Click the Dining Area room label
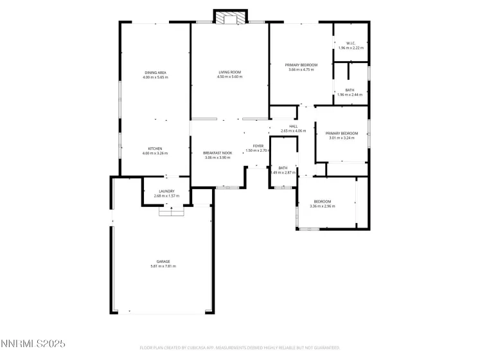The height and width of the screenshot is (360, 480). point(156,73)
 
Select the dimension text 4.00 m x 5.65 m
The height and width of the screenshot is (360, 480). point(156,77)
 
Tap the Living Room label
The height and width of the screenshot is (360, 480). point(229,73)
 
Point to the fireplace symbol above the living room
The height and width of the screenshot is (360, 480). point(229,19)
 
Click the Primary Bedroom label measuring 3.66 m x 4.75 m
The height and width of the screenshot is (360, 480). point(301,65)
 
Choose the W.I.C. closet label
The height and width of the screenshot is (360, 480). point(350,44)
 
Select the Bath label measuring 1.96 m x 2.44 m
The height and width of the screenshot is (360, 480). point(350,90)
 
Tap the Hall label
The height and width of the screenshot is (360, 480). point(294,127)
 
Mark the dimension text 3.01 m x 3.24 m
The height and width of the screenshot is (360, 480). point(342,138)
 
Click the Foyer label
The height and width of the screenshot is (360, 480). point(258,146)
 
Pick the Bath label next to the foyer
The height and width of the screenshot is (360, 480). point(283,168)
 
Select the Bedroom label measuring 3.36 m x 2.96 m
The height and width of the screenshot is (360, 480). point(322,201)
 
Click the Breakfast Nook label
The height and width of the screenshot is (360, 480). point(218,153)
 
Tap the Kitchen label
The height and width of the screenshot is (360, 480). point(156,148)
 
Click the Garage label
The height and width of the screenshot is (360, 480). point(163,262)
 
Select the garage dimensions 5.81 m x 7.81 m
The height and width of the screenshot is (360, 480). point(163,266)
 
